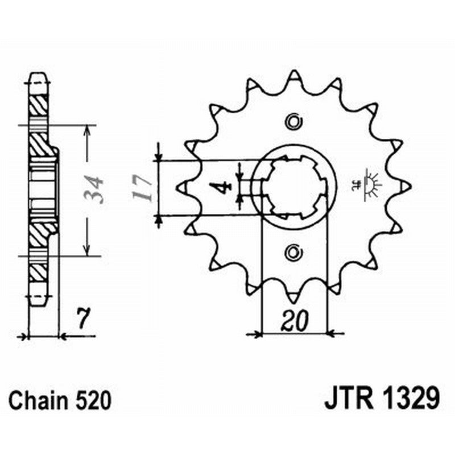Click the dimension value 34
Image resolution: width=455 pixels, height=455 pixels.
pyautogui.click(x=93, y=190)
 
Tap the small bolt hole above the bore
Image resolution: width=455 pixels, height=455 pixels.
pyautogui.click(x=293, y=121)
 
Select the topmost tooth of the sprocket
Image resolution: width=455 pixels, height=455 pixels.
pyautogui.click(x=293, y=76)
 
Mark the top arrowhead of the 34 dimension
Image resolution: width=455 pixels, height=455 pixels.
pyautogui.click(x=86, y=130)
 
